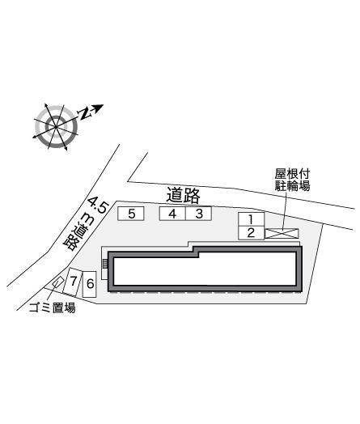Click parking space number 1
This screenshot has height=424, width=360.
251,219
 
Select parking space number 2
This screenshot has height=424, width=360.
251,233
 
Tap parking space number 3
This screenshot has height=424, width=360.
198,214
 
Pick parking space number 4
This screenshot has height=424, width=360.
172,214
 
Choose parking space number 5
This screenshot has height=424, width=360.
131,214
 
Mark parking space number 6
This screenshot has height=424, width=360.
90,284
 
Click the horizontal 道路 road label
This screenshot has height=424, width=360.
184,195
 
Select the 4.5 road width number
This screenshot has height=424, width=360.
99,206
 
